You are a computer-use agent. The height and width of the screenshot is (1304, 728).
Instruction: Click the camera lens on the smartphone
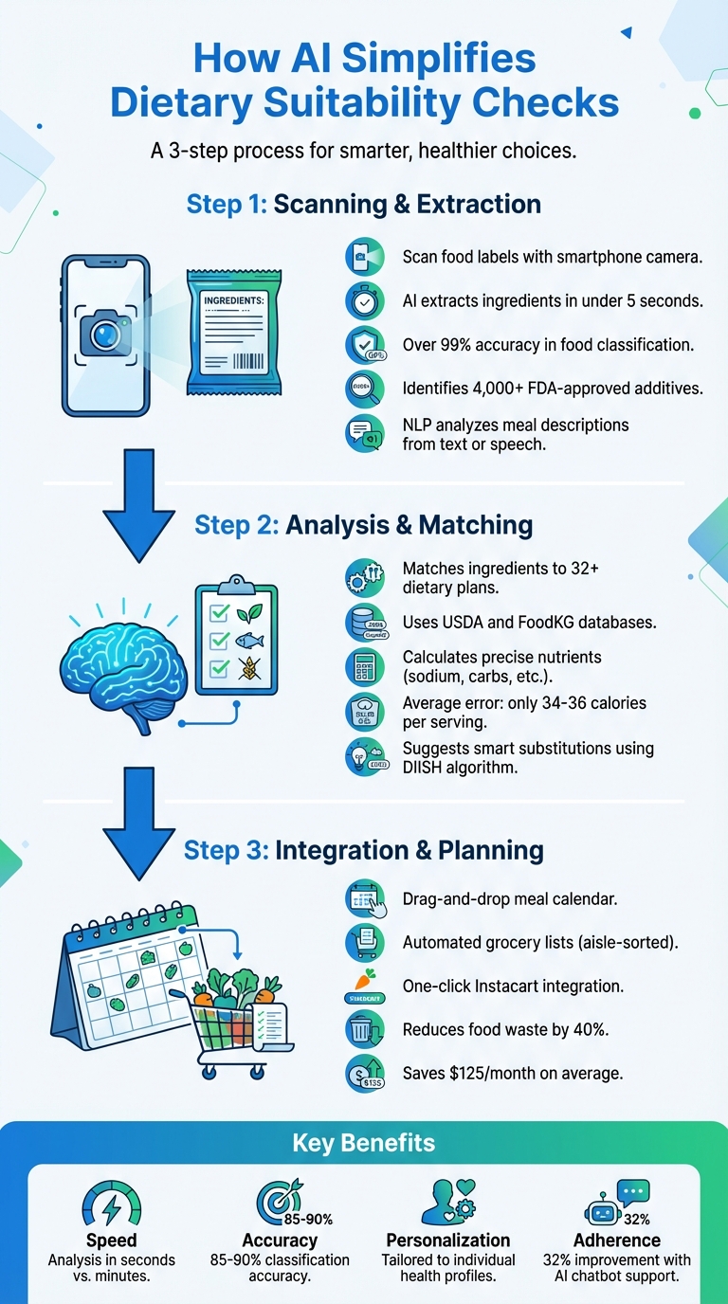105,335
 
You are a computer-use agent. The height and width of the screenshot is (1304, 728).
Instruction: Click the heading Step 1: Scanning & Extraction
364,204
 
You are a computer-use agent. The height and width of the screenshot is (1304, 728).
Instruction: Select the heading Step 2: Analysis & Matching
364,524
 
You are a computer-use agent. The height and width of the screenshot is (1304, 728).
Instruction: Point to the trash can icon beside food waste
365,1029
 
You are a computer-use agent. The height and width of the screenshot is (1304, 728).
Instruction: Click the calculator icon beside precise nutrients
364,667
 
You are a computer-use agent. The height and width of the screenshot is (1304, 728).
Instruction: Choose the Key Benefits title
364,1143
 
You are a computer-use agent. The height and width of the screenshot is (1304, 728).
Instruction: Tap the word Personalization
448,1241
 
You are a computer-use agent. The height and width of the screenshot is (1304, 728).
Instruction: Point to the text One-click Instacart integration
513,986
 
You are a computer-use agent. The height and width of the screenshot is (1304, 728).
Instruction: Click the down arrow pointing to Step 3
137,809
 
